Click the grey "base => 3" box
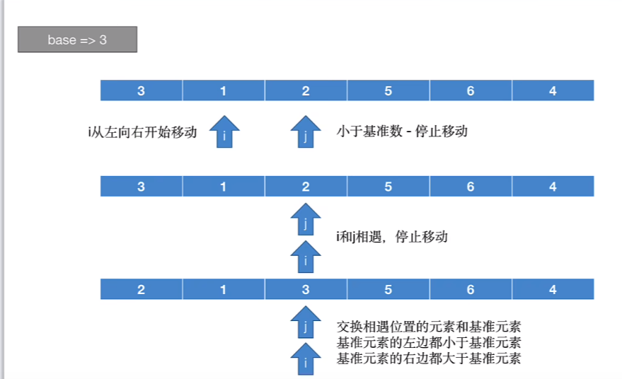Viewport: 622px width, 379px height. [77, 40]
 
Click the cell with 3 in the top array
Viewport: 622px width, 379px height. [142, 91]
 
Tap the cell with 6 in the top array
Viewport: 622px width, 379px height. [471, 91]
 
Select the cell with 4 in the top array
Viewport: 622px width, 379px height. [553, 91]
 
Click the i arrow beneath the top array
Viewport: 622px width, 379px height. [224, 132]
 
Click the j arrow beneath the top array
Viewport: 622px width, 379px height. [306, 132]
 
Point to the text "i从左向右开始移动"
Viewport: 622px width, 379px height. [142, 132]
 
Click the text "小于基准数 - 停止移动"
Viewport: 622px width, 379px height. [402, 132]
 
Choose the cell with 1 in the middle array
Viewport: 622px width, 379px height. [224, 187]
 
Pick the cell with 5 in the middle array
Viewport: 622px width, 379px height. [388, 187]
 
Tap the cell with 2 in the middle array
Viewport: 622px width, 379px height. [306, 187]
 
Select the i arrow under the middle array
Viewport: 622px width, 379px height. [306, 256]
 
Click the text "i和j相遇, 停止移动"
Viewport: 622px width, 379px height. [392, 237]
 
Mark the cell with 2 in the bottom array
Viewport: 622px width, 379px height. [142, 289]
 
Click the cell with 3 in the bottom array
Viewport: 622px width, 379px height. [306, 289]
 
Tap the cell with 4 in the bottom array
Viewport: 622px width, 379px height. [553, 289]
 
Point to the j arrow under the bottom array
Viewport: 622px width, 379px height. [306, 323]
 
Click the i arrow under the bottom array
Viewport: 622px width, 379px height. [306, 359]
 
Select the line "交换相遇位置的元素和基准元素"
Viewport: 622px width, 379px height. [429, 327]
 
